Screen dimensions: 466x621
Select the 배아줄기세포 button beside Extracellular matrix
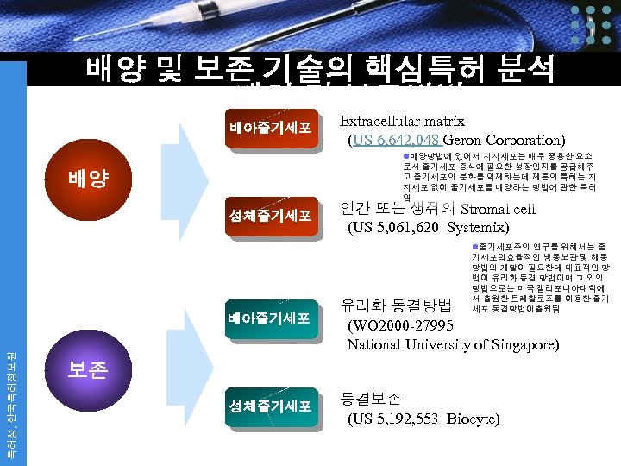[269, 129]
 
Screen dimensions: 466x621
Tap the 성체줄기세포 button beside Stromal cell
[269, 216]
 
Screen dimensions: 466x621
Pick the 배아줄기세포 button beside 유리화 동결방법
[269, 318]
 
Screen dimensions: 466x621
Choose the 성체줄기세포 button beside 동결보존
[269, 406]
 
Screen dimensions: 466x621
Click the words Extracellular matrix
[402, 122]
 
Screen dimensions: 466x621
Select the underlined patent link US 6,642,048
[395, 140]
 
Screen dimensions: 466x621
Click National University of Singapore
[453, 345]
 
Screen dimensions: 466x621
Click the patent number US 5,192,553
[396, 419]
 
